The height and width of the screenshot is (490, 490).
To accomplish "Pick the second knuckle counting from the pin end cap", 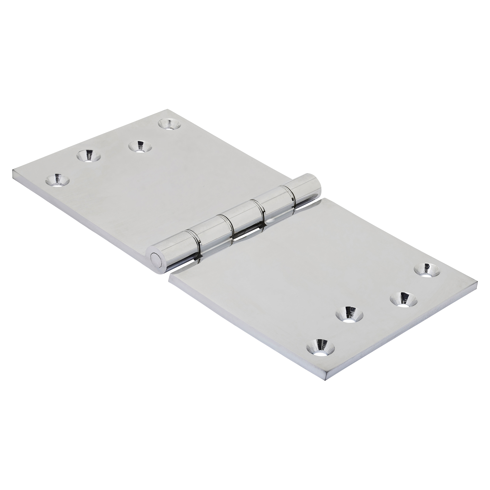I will [208, 227].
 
